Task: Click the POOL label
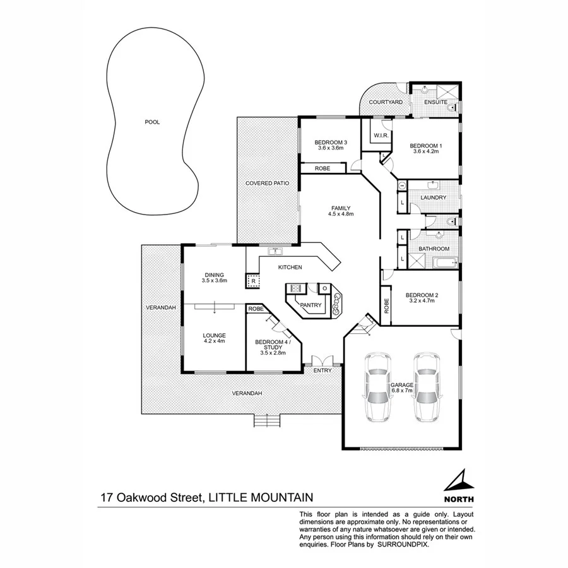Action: coord(151,122)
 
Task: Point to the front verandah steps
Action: coord(267,420)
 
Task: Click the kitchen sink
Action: coord(275,252)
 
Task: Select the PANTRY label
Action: coord(311,305)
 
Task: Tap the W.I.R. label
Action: coord(380,136)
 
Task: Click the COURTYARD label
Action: coord(386,102)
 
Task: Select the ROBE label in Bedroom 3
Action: coord(322,169)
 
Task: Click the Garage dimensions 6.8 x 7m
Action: coord(401,391)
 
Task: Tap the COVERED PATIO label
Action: coord(267,183)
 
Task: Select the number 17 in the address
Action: coord(107,498)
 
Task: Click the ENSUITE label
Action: coord(435,102)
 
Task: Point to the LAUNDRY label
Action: coord(434,198)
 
